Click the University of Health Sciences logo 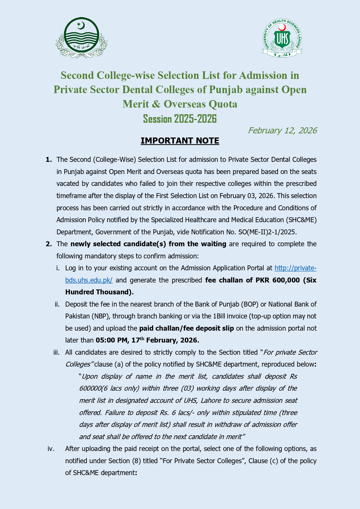282,38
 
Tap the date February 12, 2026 282,131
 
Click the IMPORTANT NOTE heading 180,141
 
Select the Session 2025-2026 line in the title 180,119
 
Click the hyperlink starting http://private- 295,268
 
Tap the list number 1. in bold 49,160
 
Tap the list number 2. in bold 49,244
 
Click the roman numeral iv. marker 51,449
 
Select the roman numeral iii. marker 57,352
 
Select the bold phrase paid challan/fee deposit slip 187,328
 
